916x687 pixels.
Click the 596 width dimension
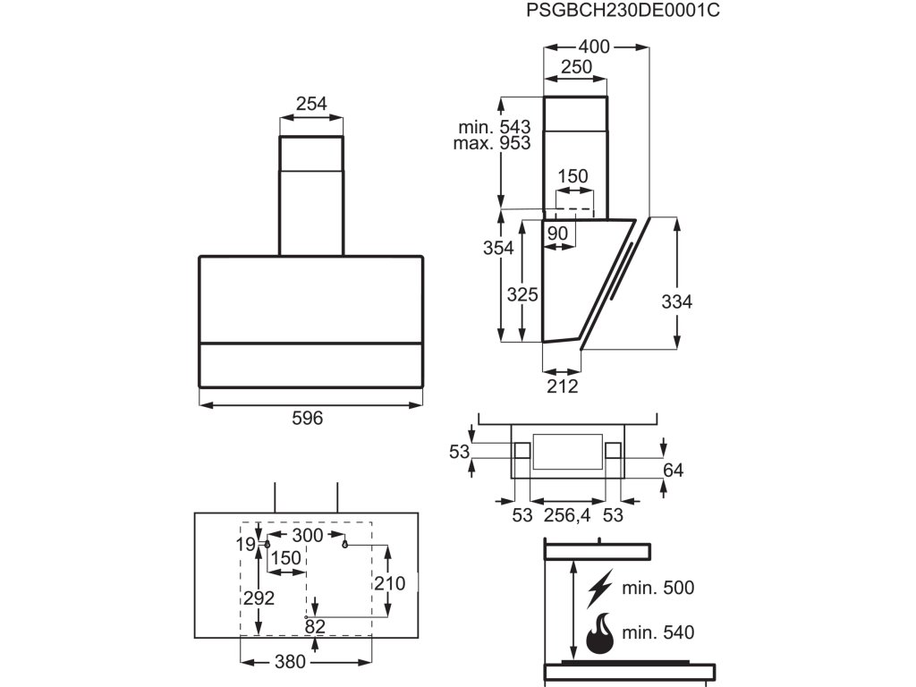[x=308, y=419]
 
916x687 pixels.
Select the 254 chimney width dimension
[x=311, y=104]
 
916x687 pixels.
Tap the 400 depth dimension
[x=593, y=47]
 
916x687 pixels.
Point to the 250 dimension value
[x=576, y=67]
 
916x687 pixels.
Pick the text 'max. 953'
[x=491, y=143]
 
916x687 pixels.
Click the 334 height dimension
[x=677, y=302]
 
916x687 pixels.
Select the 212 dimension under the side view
[x=563, y=386]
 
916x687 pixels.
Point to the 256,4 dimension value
[x=567, y=515]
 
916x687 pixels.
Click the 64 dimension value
[x=674, y=471]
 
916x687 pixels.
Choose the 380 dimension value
[x=290, y=662]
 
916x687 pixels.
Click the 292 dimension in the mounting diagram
[x=259, y=598]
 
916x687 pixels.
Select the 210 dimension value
[x=389, y=583]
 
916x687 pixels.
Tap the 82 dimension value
[x=315, y=626]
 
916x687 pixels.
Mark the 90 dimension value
[x=557, y=233]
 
